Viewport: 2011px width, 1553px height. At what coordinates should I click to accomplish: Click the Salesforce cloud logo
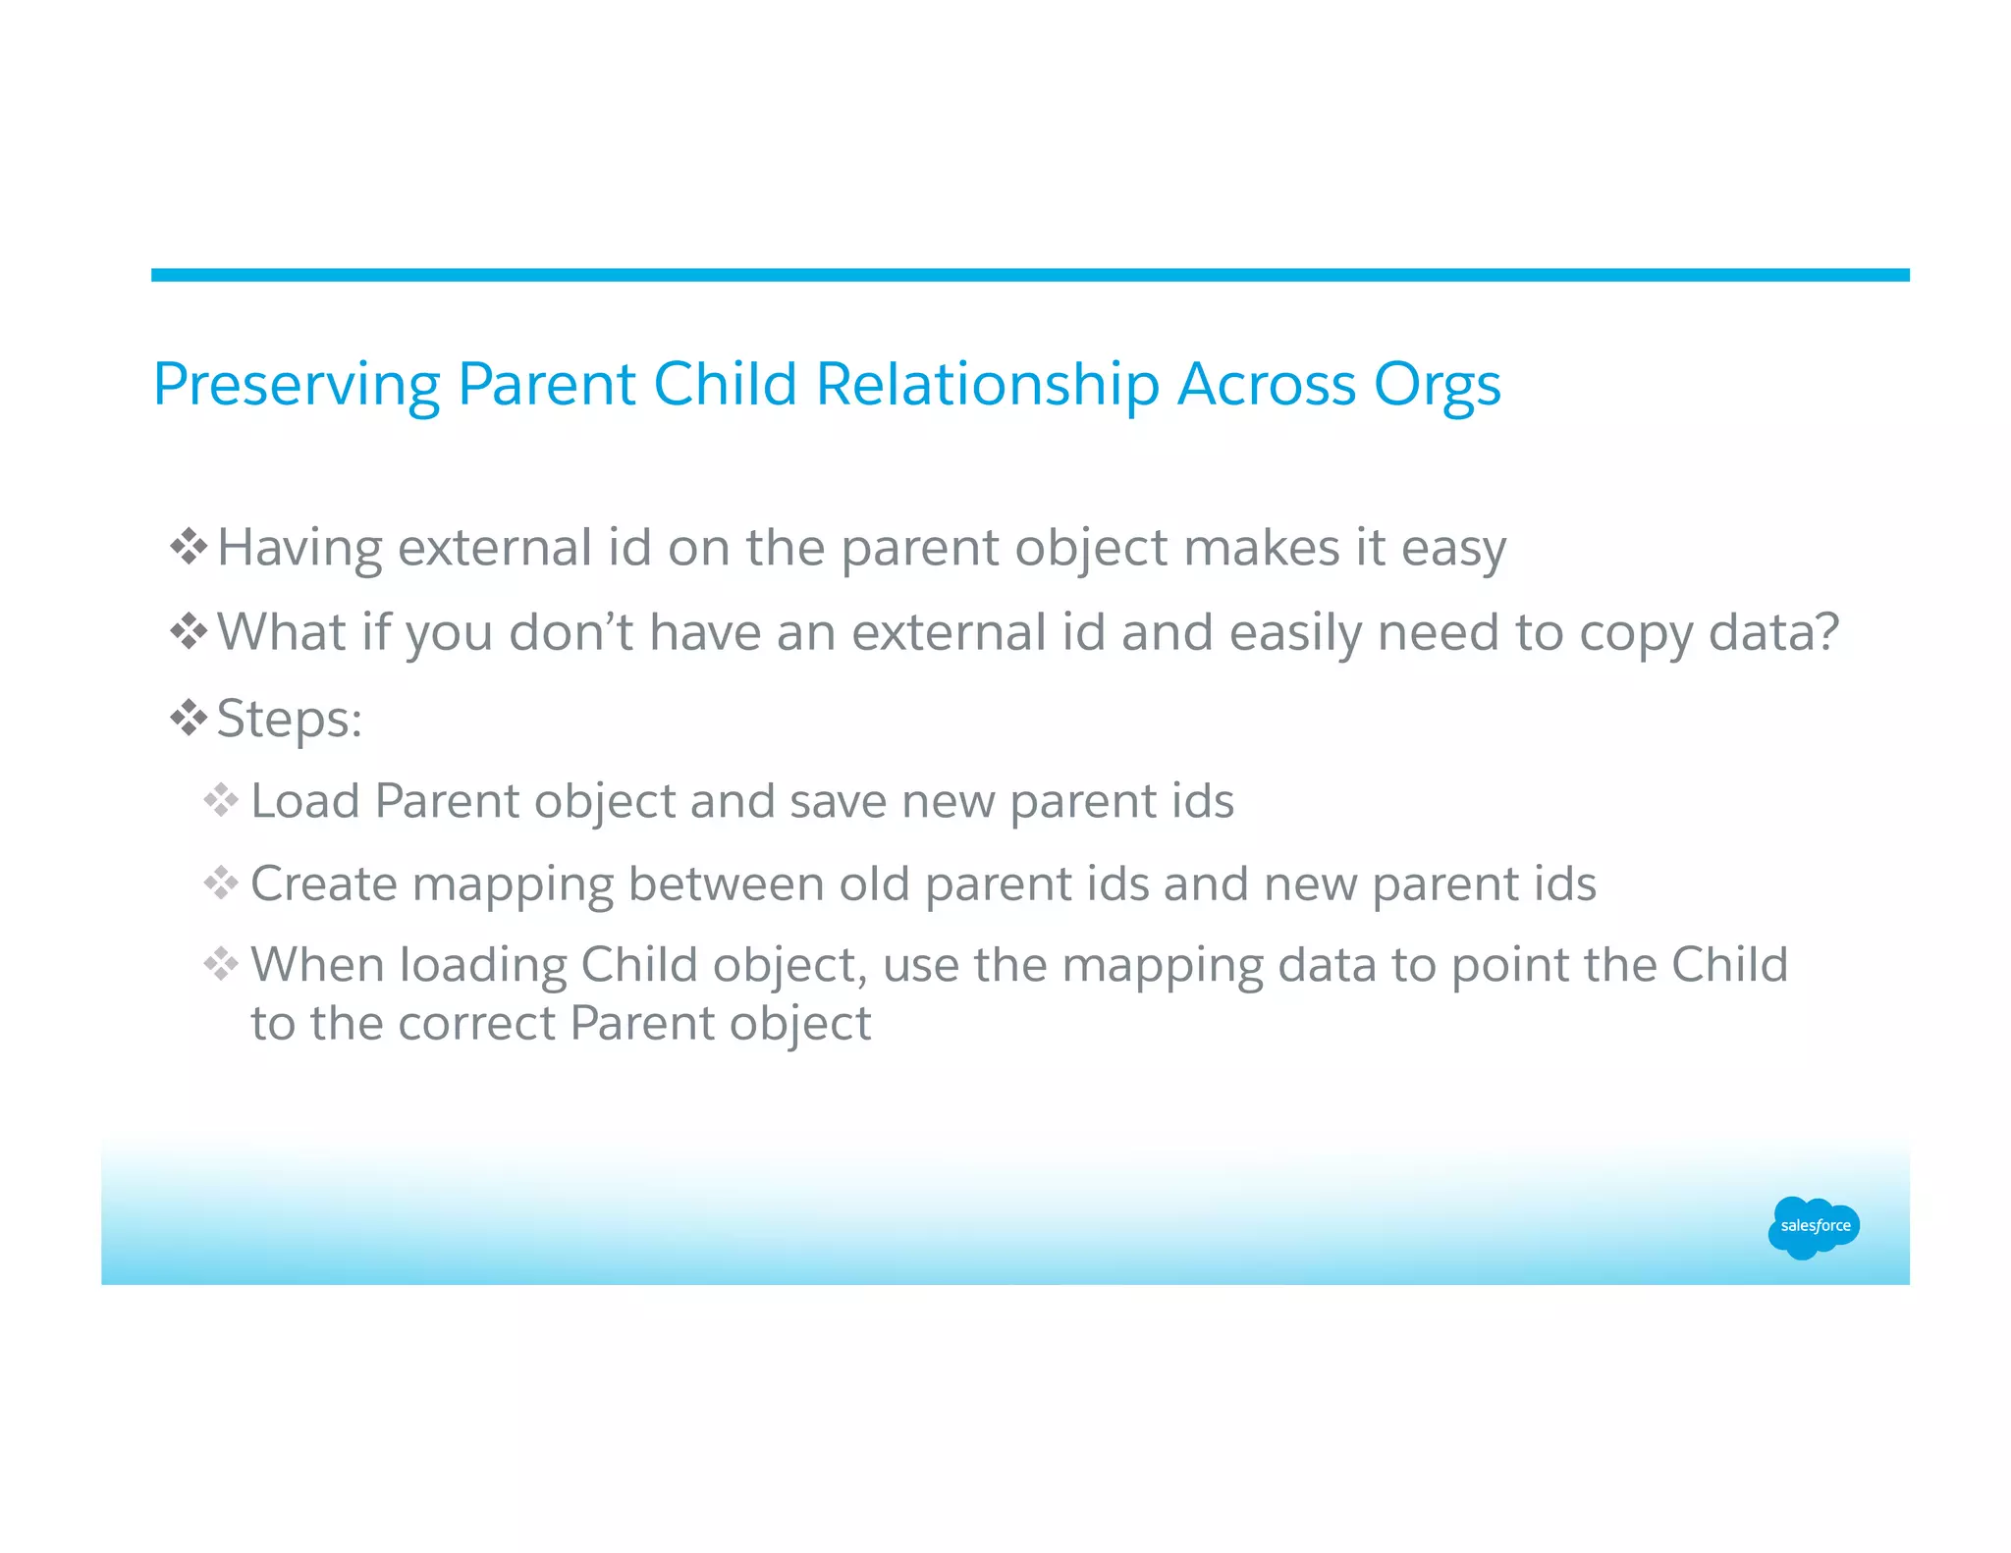point(1813,1226)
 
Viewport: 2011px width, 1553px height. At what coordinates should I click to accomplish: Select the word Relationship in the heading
point(987,385)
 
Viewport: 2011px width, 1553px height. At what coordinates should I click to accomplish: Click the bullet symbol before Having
point(189,547)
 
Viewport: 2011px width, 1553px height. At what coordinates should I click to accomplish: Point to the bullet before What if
point(189,631)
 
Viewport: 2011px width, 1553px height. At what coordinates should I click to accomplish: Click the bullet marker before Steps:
point(189,719)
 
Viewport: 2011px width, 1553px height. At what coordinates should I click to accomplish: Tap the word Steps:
point(290,720)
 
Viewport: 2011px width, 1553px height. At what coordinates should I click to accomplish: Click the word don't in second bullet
point(571,632)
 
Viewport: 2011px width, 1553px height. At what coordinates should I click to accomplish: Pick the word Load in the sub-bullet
point(305,801)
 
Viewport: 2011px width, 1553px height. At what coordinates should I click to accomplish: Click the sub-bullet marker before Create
point(221,884)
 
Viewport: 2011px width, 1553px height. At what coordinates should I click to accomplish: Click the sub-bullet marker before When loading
point(221,964)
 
